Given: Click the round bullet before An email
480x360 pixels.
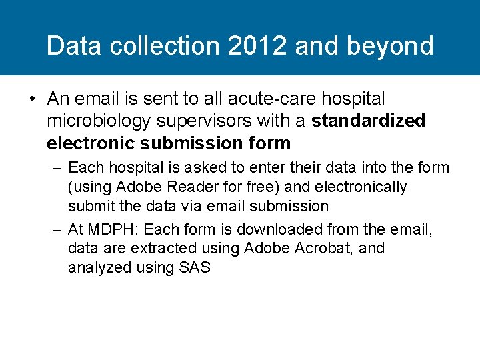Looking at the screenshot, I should click(32, 99).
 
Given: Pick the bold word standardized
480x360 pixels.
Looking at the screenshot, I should click(368, 121).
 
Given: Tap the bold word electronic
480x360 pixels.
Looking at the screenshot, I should click(85, 143).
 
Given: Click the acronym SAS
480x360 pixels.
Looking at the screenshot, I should click(195, 268).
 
